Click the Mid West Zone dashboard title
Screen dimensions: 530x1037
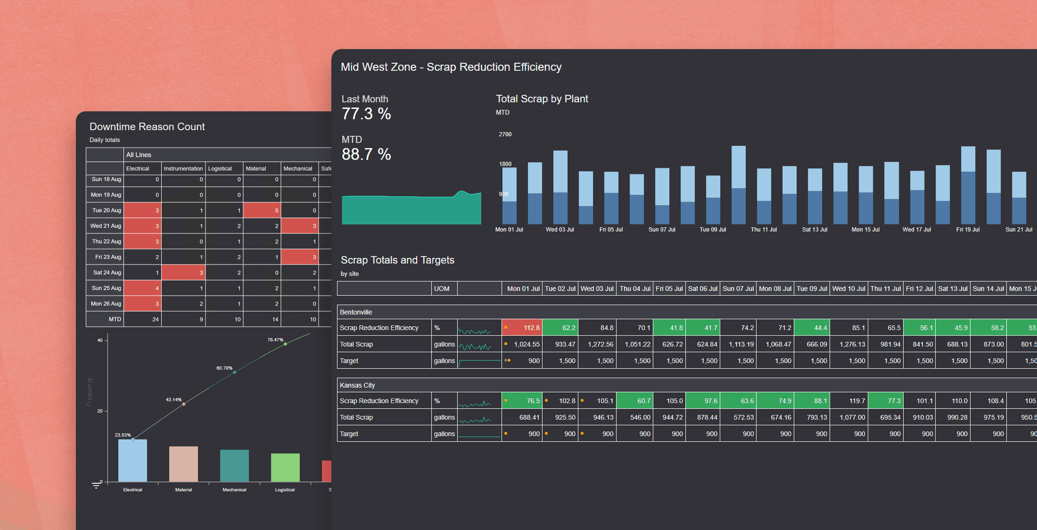451,67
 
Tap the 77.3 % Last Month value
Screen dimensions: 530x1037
366,114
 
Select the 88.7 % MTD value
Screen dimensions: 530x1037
366,155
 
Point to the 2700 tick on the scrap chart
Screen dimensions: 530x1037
505,134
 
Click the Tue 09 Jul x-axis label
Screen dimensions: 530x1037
712,230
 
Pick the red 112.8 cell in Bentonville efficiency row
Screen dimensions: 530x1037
522,328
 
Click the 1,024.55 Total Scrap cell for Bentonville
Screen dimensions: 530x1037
522,344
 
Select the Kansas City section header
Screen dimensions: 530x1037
357,385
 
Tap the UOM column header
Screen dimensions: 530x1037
442,289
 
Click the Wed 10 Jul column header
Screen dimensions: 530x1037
848,289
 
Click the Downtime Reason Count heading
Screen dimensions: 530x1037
147,127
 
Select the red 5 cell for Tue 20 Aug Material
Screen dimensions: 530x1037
262,211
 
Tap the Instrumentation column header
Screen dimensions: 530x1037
183,169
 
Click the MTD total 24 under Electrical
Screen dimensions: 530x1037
143,319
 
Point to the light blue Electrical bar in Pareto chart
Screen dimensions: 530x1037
133,461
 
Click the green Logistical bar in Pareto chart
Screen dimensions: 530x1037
285,467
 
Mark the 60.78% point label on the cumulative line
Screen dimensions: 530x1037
225,368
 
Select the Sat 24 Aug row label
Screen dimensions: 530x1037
107,273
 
